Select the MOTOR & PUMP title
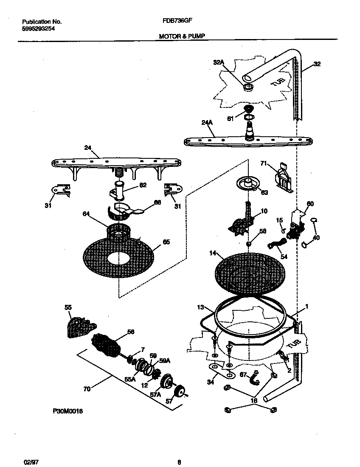click(x=182, y=37)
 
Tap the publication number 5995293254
click(x=38, y=28)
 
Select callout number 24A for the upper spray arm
click(x=206, y=123)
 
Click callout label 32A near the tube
click(x=218, y=62)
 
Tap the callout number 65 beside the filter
click(x=166, y=242)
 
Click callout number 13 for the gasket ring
click(x=201, y=307)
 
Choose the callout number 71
click(x=263, y=163)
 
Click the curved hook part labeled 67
click(x=256, y=377)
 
